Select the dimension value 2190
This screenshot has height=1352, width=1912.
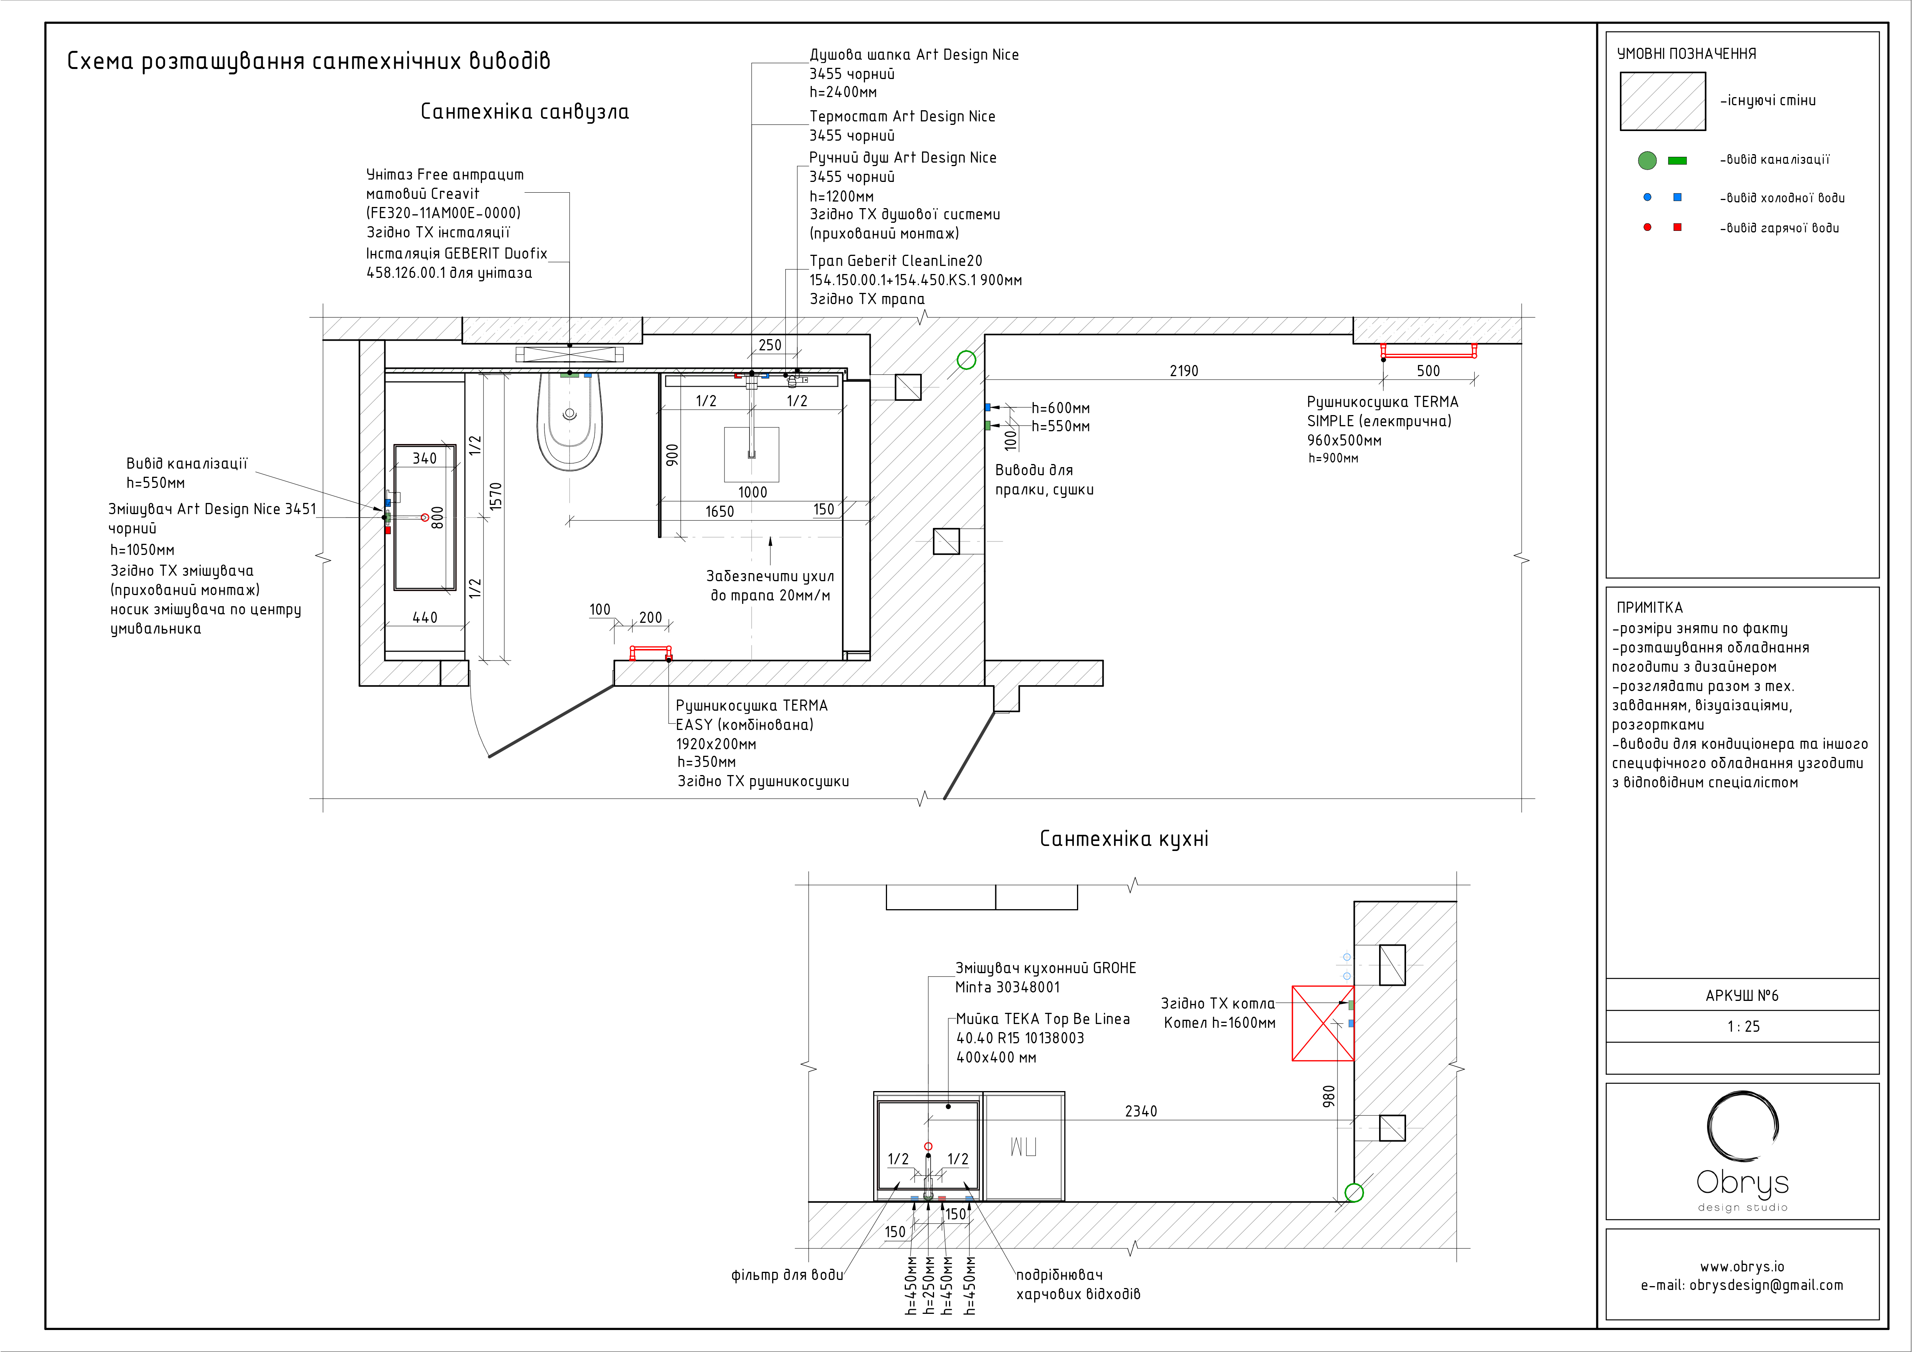point(1183,371)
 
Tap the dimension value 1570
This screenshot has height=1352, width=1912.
point(496,496)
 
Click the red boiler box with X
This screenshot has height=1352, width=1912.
point(1322,1023)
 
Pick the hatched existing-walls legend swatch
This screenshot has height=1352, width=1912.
point(1662,101)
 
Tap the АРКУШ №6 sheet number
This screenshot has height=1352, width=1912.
point(1742,996)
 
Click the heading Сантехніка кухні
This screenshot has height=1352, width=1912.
point(1123,839)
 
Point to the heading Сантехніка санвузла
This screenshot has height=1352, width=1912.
point(525,112)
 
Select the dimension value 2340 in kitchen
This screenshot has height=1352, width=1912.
point(1141,1111)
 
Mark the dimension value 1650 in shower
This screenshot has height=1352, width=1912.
point(719,511)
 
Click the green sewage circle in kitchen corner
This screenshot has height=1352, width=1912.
point(1354,1193)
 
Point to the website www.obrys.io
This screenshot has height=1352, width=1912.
point(1742,1266)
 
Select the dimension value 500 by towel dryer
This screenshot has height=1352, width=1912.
point(1428,371)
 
